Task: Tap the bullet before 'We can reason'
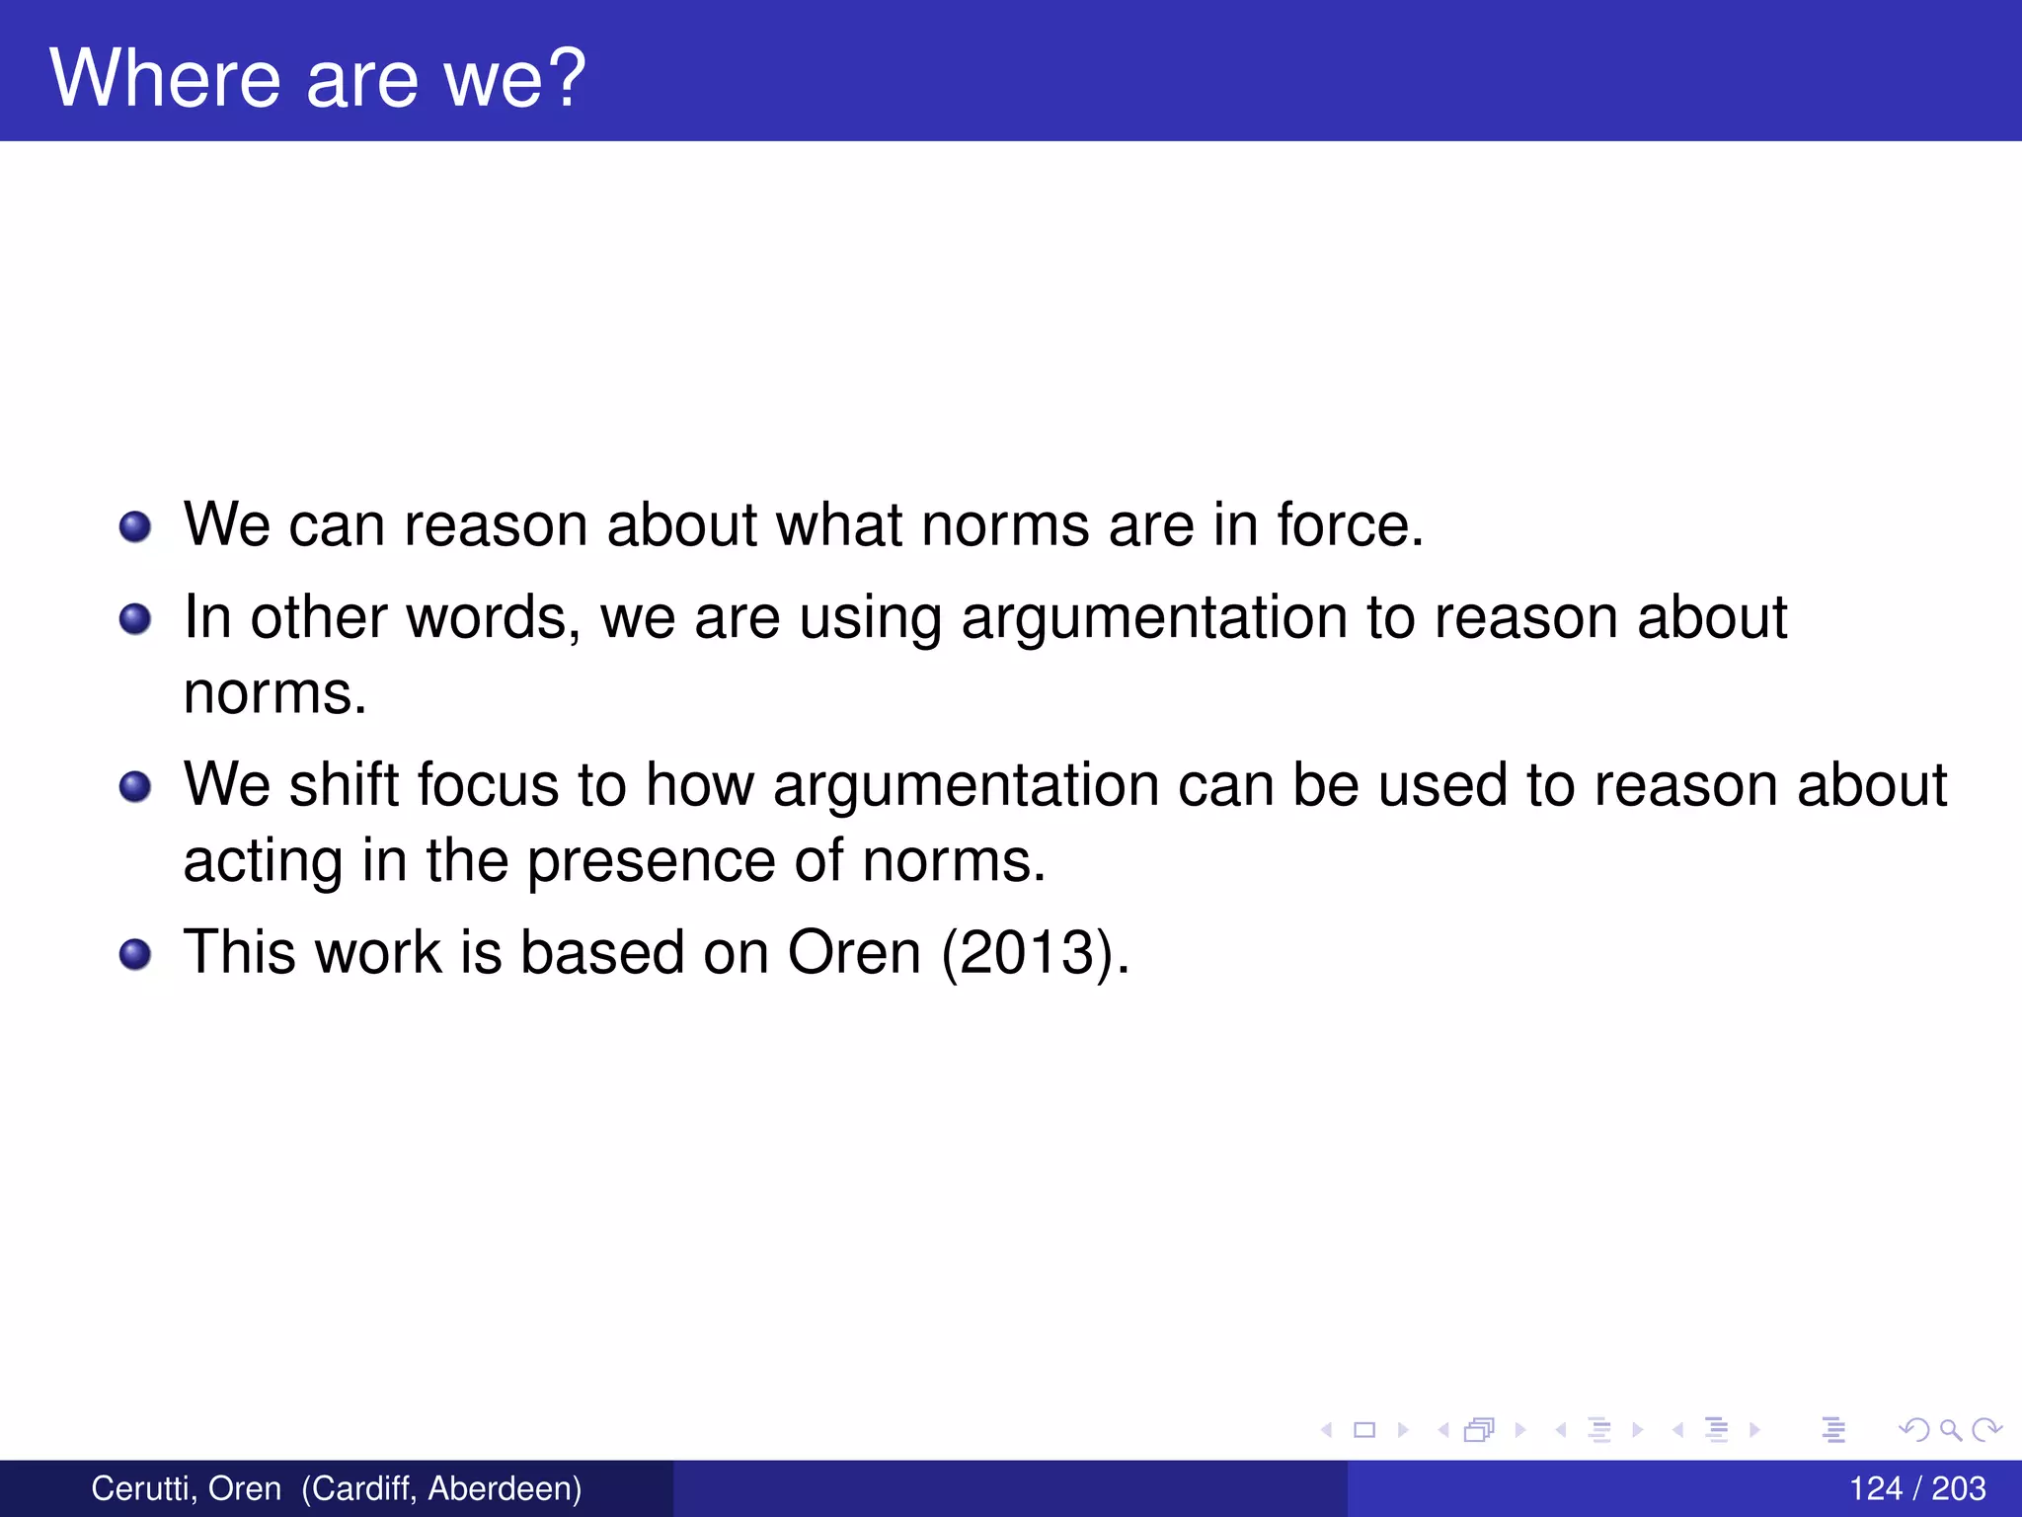coord(135,526)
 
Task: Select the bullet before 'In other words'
coord(135,620)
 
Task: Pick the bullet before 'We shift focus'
coord(135,787)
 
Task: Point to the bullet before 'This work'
coord(135,955)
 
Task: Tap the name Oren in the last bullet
coord(854,953)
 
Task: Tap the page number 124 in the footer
coord(1875,1488)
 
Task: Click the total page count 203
coord(1959,1488)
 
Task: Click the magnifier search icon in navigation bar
coord(1950,1429)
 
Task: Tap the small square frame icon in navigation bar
coord(1364,1429)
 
